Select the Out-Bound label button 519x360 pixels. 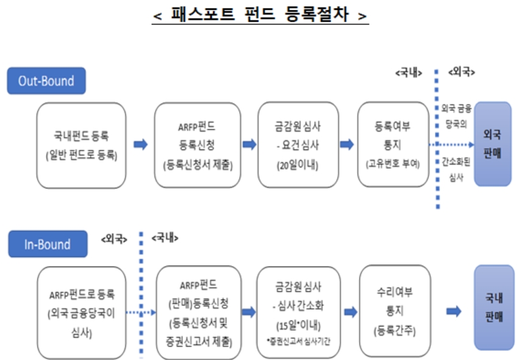point(46,81)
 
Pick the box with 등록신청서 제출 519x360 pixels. point(194,145)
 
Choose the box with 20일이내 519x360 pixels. point(298,145)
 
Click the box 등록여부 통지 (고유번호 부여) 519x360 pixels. point(393,145)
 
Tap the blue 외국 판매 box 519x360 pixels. point(492,144)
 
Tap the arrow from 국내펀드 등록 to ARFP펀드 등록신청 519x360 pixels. point(141,145)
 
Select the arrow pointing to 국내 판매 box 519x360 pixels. point(453,312)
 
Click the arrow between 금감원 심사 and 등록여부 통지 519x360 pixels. point(347,145)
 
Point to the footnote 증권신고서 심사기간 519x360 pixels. point(298,339)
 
